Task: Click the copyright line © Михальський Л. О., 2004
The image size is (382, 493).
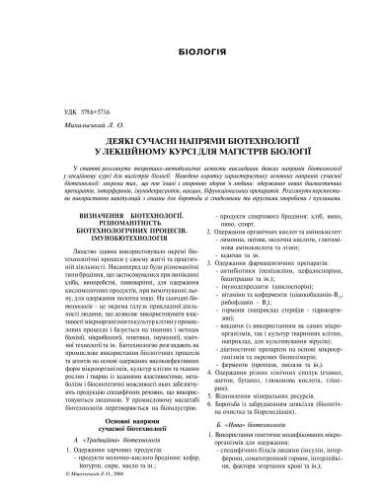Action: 75,485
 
